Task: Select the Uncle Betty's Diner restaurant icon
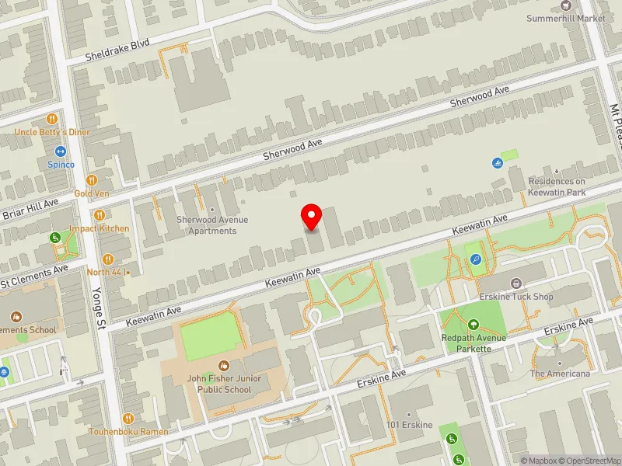52,119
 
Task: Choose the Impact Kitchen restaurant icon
99,214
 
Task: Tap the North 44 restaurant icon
108,259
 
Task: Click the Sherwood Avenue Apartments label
211,225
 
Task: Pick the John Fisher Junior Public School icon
224,365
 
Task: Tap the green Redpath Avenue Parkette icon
473,325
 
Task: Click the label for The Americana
560,374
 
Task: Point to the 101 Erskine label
410,425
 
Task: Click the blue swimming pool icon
497,163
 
